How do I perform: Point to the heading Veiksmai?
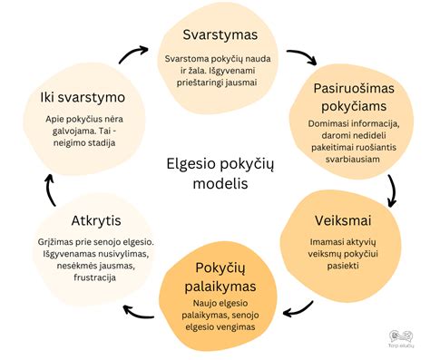click(346, 219)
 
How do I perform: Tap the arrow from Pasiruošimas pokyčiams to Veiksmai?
click(392, 190)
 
